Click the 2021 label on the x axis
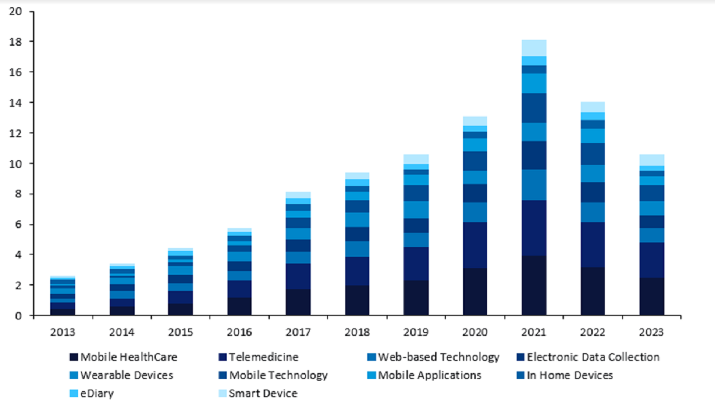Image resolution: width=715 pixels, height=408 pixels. click(x=533, y=333)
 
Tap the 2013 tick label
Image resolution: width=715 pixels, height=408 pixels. click(x=63, y=333)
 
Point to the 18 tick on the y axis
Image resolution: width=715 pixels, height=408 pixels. click(x=17, y=42)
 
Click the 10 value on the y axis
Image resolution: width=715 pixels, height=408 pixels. click(x=17, y=164)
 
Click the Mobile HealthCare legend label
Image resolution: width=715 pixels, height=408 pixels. click(x=129, y=357)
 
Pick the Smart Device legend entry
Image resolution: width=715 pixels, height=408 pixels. click(x=263, y=393)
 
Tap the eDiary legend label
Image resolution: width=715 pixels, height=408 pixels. click(x=97, y=393)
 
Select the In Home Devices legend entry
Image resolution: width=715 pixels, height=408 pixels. click(x=570, y=375)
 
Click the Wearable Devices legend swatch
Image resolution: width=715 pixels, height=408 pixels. click(x=73, y=376)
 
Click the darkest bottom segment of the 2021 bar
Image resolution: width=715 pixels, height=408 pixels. click(x=533, y=286)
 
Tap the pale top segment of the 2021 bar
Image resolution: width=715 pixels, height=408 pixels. click(x=533, y=48)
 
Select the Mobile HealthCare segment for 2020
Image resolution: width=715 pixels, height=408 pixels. click(x=475, y=292)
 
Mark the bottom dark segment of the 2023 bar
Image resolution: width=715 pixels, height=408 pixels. click(x=652, y=296)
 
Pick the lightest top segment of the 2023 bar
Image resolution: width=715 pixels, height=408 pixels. click(x=652, y=160)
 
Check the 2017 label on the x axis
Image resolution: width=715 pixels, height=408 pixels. click(x=298, y=333)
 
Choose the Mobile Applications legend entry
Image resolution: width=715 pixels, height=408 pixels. click(x=430, y=375)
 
